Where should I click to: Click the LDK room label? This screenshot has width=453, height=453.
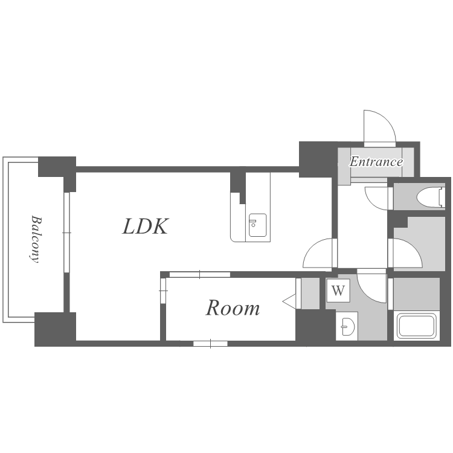[x=146, y=226]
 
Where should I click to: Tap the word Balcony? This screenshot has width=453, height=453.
[x=36, y=239]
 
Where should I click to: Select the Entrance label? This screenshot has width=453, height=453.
[x=376, y=161]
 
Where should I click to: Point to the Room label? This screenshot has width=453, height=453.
[x=233, y=308]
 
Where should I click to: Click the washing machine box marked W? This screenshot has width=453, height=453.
[x=338, y=291]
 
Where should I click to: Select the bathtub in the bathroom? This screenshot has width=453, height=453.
[x=416, y=326]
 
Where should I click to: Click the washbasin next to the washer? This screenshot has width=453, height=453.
[x=348, y=327]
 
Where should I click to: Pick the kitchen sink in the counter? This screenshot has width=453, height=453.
[x=257, y=225]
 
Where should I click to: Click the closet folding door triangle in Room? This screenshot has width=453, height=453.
[x=289, y=301]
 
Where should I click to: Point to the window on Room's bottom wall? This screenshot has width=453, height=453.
[x=210, y=344]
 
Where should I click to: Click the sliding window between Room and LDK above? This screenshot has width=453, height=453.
[x=200, y=274]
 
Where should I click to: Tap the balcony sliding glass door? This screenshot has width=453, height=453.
[x=66, y=233]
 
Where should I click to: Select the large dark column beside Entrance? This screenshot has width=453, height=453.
[x=318, y=159]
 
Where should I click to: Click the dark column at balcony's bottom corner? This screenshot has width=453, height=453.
[x=55, y=329]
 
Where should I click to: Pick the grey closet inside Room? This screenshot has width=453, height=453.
[x=310, y=293]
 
